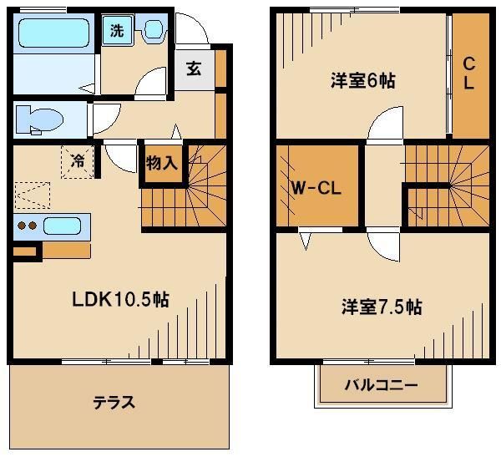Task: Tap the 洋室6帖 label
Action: pos(362,81)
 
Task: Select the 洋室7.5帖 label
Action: pos(381,307)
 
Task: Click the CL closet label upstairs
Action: pos(469,73)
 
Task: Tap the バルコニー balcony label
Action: pos(382,386)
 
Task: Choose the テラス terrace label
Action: pos(114,402)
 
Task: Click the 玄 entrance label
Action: pos(194,69)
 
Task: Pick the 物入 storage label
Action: pos(161,161)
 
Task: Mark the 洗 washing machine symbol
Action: pos(117,32)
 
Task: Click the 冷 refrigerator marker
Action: pos(77,159)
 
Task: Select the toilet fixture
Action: pos(40,119)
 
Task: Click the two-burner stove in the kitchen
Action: pos(28,226)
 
